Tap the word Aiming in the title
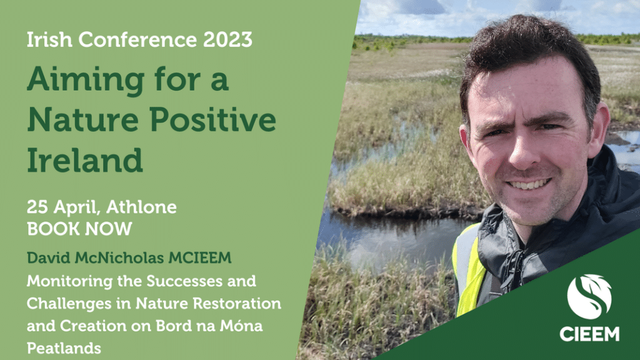tap(86, 80)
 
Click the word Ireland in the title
tap(85, 159)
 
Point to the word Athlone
tap(141, 207)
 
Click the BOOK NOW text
tap(79, 229)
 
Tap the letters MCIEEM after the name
tap(200, 258)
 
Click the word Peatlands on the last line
tap(64, 348)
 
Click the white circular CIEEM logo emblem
tap(589, 297)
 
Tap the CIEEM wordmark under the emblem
tap(589, 334)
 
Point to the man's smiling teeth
tap(529, 184)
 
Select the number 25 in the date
tap(37, 207)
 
